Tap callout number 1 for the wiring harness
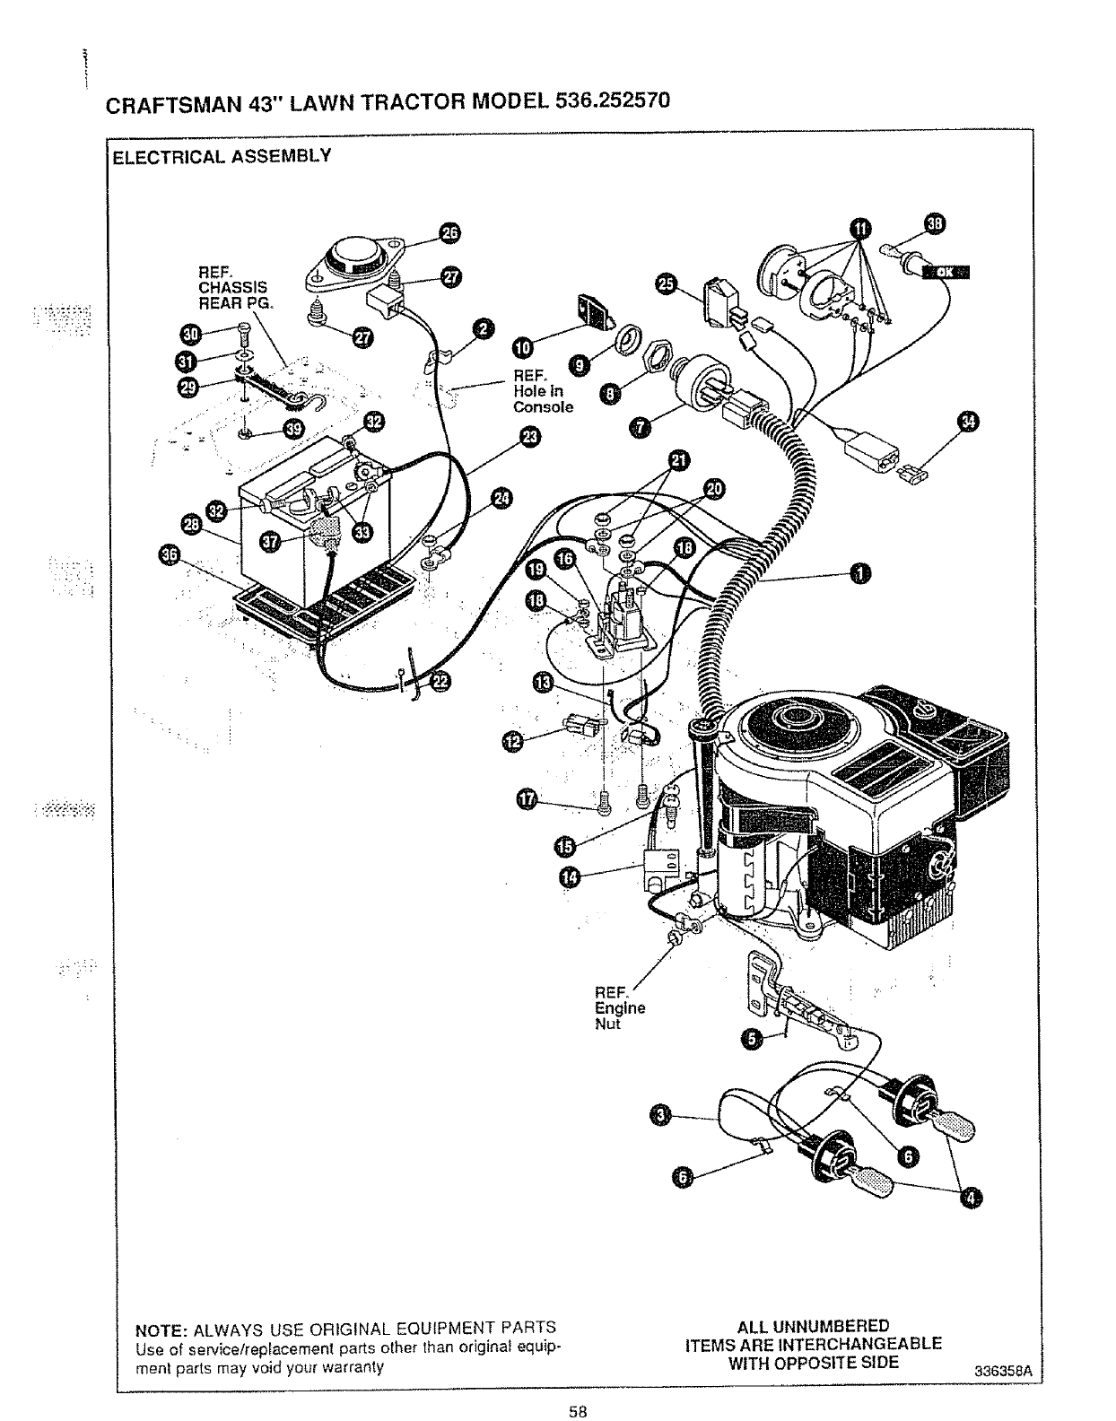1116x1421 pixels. click(859, 574)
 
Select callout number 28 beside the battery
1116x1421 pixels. click(191, 523)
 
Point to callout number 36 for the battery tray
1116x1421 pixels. click(168, 557)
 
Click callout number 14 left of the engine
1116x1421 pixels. click(569, 876)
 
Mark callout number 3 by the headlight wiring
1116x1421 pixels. click(659, 1115)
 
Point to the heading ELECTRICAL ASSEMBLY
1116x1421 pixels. click(222, 155)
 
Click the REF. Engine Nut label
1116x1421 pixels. click(620, 1007)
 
